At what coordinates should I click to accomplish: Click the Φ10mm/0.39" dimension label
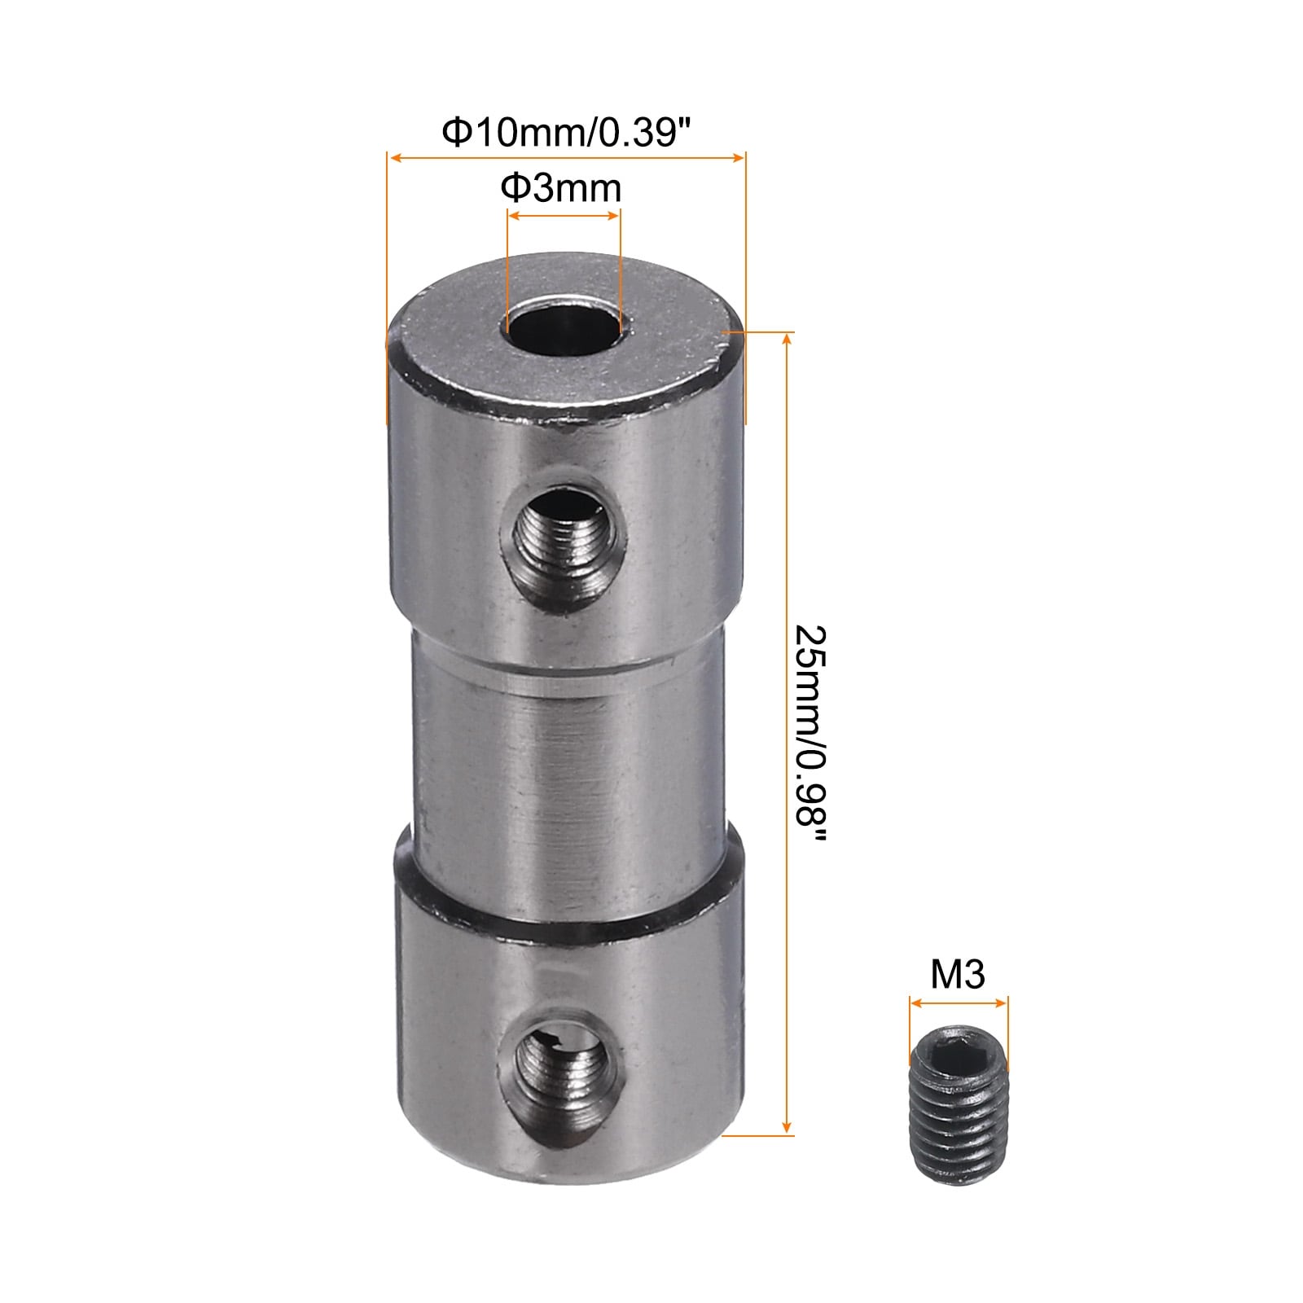coord(560,131)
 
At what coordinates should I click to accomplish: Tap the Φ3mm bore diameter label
coord(561,188)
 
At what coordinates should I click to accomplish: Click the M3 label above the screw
coord(958,974)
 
